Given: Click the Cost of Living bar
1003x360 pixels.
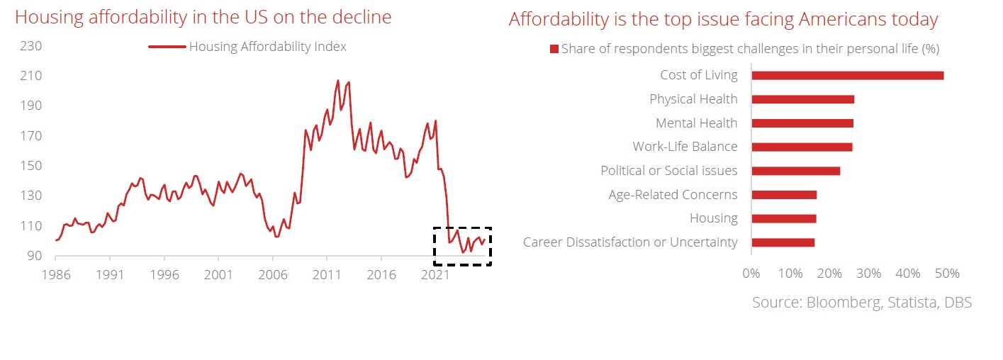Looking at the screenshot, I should [x=847, y=75].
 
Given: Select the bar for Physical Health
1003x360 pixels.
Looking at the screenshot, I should [x=802, y=99].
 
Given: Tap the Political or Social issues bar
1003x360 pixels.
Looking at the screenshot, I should [x=795, y=171].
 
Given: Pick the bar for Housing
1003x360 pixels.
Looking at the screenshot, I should [x=783, y=218].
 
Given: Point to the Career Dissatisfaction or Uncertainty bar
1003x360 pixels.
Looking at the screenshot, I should [x=783, y=242].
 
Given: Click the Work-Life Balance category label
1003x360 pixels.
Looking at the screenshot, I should [x=685, y=147].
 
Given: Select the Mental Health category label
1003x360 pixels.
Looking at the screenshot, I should [x=696, y=123].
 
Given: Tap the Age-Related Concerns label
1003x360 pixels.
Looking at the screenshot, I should [x=673, y=195].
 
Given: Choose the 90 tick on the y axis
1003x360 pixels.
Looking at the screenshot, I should [x=35, y=256].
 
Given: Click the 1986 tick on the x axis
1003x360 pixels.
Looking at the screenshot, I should [x=55, y=275].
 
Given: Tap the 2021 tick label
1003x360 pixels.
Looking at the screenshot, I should [x=435, y=275].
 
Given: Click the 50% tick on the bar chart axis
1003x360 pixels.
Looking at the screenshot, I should [x=948, y=273].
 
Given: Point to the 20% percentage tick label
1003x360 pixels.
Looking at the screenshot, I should [x=829, y=273].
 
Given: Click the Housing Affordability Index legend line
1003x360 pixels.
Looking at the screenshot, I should [x=167, y=47].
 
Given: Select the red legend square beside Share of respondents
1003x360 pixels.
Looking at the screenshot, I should [x=554, y=50].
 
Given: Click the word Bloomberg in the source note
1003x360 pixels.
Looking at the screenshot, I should [x=844, y=303].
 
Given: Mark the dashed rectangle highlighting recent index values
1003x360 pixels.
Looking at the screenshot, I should [x=462, y=246].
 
